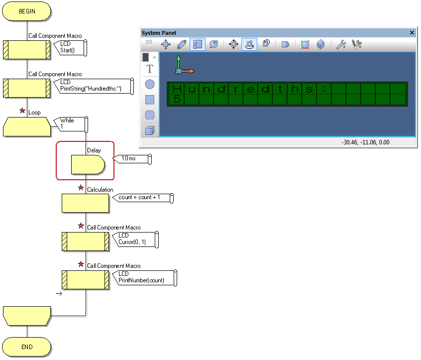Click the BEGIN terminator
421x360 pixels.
point(26,11)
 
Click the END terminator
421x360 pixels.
point(26,347)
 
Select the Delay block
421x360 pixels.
point(88,164)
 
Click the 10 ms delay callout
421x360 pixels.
point(132,159)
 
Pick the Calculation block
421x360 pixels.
point(86,203)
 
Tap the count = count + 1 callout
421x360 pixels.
point(143,198)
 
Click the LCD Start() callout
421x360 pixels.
point(70,48)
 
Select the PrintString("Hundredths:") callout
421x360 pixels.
point(94,86)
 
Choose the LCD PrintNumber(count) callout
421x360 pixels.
point(144,278)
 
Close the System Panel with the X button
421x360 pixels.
point(412,32)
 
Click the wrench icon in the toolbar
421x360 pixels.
point(341,44)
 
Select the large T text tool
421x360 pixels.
point(150,69)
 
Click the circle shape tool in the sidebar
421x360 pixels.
point(150,84)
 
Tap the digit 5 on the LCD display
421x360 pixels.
point(177,99)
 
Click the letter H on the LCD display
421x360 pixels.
point(177,89)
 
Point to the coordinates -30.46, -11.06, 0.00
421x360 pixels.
point(365,142)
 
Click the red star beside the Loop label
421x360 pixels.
point(22,111)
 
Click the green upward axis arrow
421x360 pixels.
point(179,63)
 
